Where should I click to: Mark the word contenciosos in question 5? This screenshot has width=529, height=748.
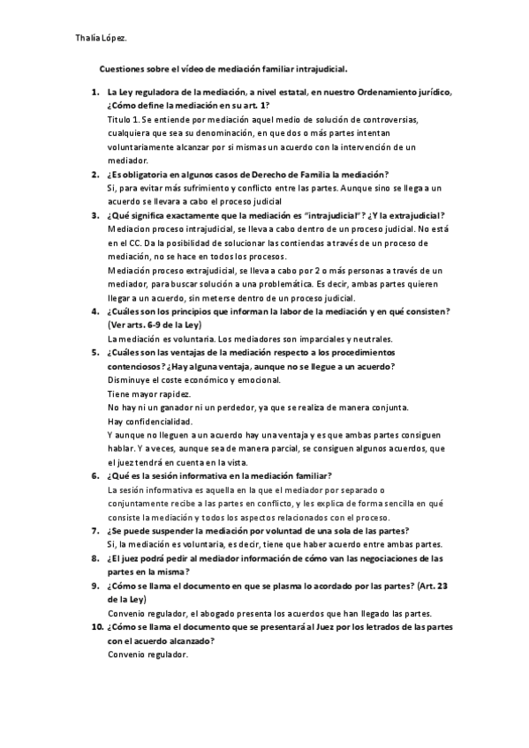[x=139, y=366]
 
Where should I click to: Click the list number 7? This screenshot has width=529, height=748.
[x=94, y=531]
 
